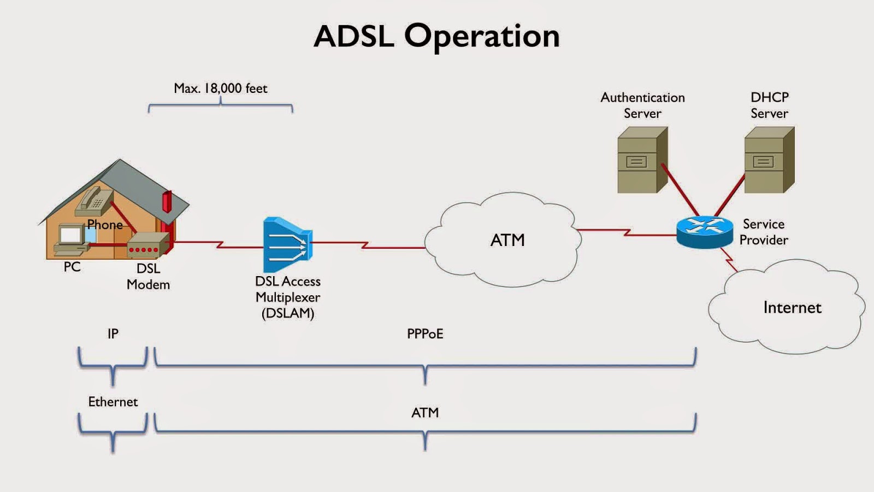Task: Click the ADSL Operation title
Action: point(436,36)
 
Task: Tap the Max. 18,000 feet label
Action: point(220,88)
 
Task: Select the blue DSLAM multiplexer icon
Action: point(287,245)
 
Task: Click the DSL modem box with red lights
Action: point(146,245)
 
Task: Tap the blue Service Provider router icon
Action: point(704,232)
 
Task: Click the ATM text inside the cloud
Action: point(507,240)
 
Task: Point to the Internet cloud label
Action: point(792,307)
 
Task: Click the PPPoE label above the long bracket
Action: point(425,333)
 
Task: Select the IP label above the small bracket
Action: point(113,333)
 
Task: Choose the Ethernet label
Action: point(113,402)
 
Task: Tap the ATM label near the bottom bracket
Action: point(425,413)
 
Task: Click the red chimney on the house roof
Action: point(167,202)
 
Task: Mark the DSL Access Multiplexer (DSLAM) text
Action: point(287,297)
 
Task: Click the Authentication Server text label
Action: point(642,106)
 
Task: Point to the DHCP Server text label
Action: point(769,106)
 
